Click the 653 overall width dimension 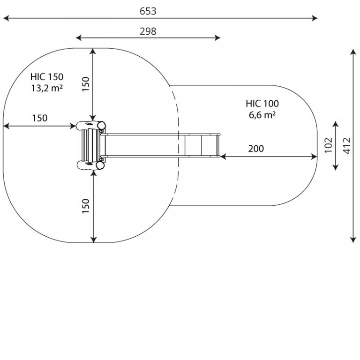tap(148, 11)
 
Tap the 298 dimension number tap(148, 31)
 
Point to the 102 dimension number tap(329, 145)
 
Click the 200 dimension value tap(256, 149)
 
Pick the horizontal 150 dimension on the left tap(40, 118)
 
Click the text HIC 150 tap(47, 77)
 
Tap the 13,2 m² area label tap(47, 88)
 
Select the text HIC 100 tap(262, 104)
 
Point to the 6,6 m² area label tap(262, 115)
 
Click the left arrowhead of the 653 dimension tap(6, 18)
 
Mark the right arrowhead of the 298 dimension tap(217, 37)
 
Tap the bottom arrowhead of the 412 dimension tap(353, 240)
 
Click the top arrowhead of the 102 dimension tap(336, 124)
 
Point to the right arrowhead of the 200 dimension tap(315, 157)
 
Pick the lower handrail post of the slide tap(90, 165)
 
